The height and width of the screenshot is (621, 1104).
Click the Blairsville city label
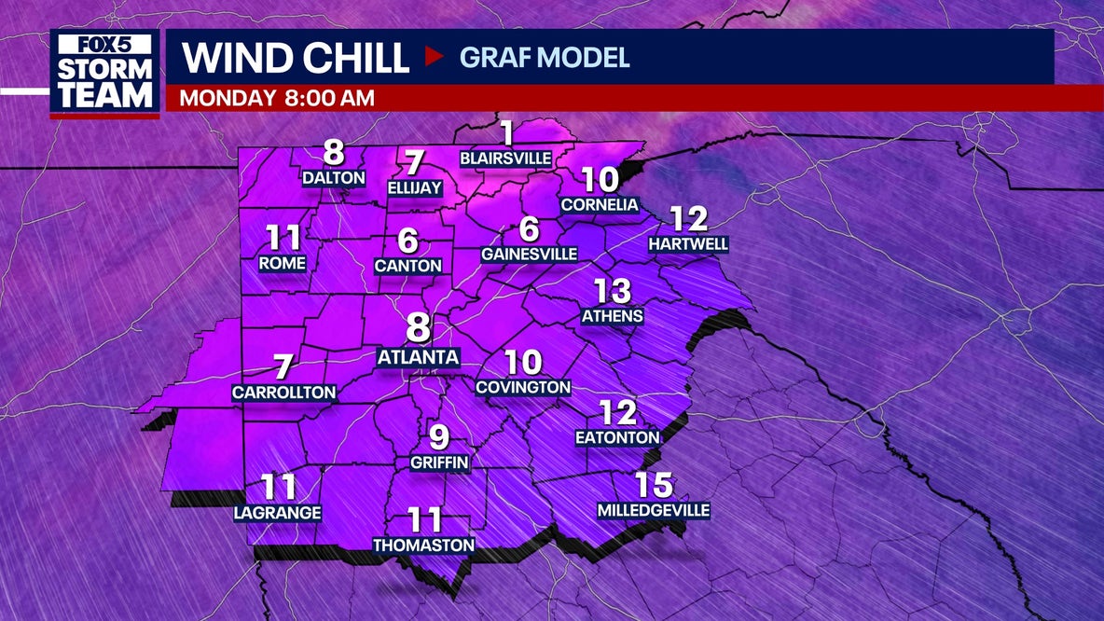[x=506, y=159]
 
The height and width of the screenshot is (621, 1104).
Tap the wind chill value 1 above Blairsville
[x=506, y=133]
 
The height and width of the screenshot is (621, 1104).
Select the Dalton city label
[x=333, y=176]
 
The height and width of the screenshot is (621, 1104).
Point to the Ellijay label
[x=414, y=188]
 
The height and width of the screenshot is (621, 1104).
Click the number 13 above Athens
[x=613, y=292]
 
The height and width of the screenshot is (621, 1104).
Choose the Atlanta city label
[x=418, y=357]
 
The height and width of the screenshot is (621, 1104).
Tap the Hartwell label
[x=689, y=244]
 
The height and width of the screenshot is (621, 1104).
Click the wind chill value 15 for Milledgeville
[x=654, y=486]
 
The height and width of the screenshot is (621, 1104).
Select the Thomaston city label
[x=423, y=545]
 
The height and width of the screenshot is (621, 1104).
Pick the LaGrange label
[x=278, y=513]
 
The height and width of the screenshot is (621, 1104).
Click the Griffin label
[x=439, y=462]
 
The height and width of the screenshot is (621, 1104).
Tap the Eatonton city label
[x=617, y=437]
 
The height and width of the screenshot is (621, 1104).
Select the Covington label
[x=523, y=387]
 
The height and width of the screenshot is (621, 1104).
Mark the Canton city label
[x=407, y=266]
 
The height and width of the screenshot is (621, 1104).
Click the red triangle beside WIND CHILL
[x=434, y=57]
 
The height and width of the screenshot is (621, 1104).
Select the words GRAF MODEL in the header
[x=545, y=57]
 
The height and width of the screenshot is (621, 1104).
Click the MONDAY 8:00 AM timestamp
[x=277, y=98]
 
